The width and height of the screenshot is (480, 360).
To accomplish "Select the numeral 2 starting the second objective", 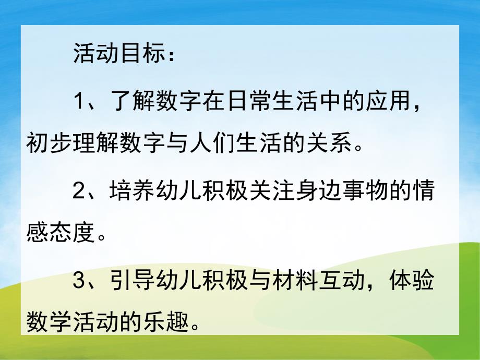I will [78, 193].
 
